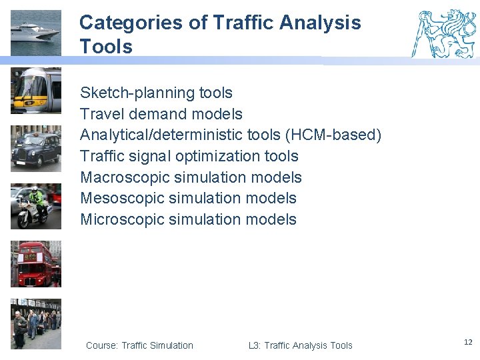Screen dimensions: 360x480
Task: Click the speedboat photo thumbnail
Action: (x=35, y=33)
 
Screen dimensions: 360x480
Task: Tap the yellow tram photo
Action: (x=35, y=90)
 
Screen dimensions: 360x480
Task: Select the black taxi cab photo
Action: (x=35, y=148)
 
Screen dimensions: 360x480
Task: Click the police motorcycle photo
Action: (x=35, y=206)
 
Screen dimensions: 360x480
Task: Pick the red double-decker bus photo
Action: (x=35, y=264)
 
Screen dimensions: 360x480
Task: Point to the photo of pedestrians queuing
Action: (x=35, y=323)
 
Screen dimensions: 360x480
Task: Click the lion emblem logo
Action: (x=444, y=33)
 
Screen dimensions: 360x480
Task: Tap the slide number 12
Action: (x=467, y=342)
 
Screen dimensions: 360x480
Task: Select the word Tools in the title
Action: (x=106, y=47)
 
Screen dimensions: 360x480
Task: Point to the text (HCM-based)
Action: (x=333, y=135)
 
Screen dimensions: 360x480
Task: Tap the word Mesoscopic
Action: (x=122, y=198)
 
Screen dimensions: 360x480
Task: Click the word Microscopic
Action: (x=122, y=219)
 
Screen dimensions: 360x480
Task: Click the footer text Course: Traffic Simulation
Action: (x=139, y=345)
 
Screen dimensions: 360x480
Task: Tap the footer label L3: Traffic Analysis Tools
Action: (x=300, y=345)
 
